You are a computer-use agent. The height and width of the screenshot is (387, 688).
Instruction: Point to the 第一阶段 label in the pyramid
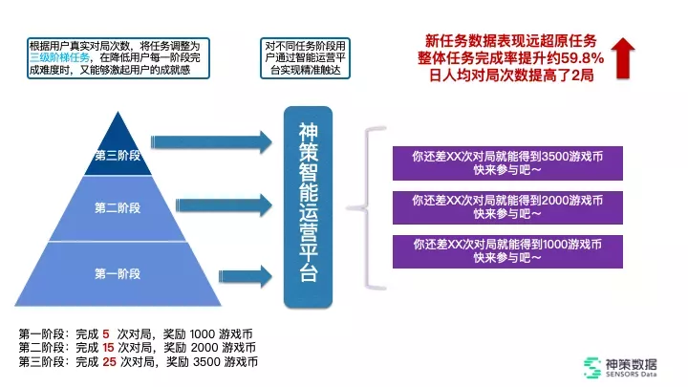(x=118, y=273)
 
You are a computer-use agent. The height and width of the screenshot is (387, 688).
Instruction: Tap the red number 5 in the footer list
(x=106, y=333)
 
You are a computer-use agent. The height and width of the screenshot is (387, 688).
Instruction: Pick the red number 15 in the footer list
(x=109, y=348)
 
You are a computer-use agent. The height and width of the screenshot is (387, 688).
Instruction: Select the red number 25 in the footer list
(x=109, y=362)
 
